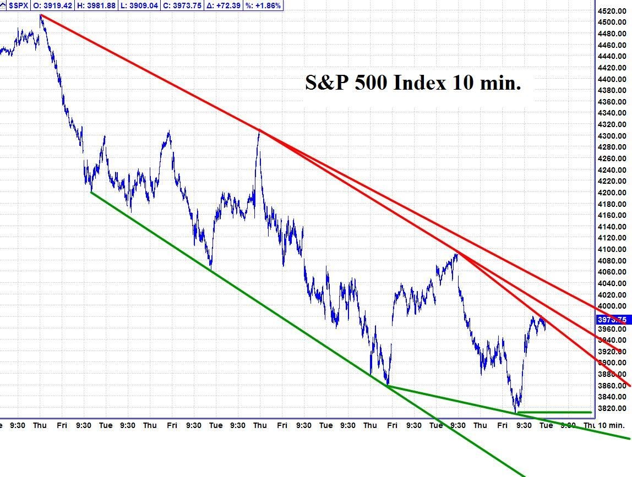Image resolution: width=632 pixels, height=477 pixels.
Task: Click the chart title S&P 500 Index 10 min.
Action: (413, 83)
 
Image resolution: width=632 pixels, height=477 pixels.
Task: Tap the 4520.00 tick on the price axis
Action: (611, 11)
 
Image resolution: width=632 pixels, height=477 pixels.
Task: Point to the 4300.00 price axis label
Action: (611, 136)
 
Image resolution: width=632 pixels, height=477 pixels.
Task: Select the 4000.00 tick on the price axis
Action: (611, 306)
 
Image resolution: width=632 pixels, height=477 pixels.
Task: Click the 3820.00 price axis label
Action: (611, 408)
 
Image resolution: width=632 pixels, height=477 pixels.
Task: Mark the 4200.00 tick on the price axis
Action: (611, 193)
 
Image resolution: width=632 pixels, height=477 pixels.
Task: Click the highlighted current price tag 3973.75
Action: (611, 320)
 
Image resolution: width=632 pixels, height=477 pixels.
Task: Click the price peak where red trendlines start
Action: (40, 15)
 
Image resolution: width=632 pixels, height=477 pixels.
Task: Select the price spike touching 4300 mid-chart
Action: (259, 131)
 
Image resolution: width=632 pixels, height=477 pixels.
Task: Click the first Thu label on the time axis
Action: (40, 425)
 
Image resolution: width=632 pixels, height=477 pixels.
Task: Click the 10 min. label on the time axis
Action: (612, 425)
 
